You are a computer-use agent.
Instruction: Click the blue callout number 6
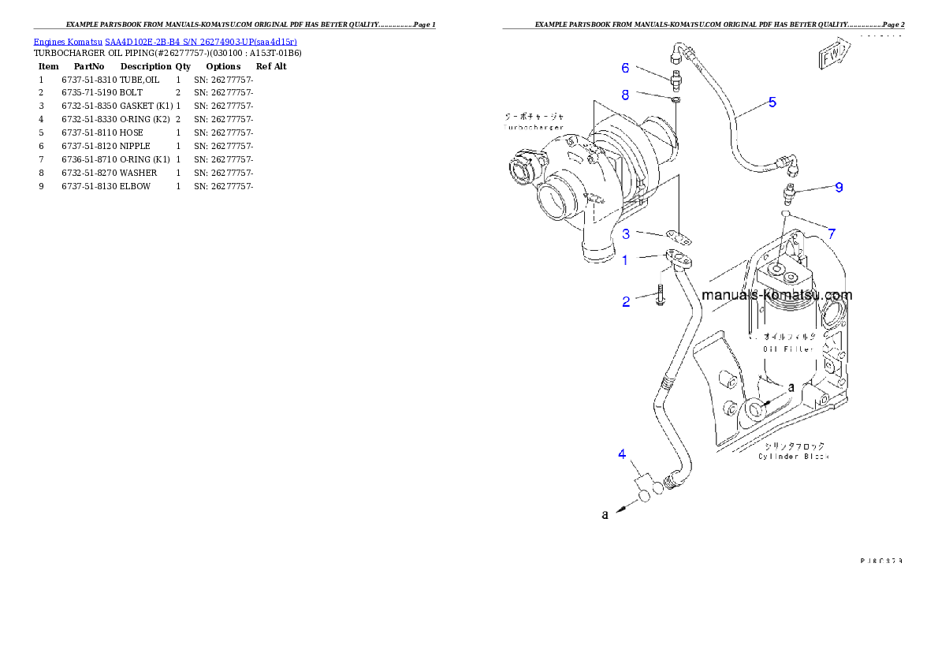(625, 68)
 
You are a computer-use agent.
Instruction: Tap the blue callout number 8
(625, 95)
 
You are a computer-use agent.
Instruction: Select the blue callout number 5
(772, 102)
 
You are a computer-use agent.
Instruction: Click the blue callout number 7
(831, 233)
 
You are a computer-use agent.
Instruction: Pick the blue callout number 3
(626, 233)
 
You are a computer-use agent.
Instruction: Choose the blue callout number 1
(625, 259)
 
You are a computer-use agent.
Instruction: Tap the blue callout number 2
(626, 301)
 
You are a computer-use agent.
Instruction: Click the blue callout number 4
(622, 453)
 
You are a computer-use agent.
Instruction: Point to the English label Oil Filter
(787, 349)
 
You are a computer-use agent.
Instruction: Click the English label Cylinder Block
(794, 457)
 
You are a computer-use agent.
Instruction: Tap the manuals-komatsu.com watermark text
(776, 296)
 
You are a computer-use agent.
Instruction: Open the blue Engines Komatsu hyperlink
(165, 41)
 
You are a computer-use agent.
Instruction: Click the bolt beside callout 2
(660, 299)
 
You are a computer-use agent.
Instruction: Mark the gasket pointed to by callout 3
(679, 237)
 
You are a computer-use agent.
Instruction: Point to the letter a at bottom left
(605, 515)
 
